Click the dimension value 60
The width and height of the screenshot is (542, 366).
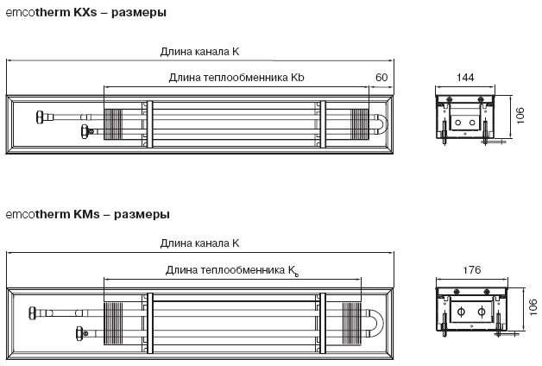(381, 78)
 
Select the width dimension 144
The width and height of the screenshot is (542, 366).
(465, 78)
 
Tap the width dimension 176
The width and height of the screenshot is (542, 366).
(472, 270)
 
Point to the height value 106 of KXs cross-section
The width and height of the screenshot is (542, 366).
(520, 116)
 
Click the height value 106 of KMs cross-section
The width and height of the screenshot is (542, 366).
(533, 307)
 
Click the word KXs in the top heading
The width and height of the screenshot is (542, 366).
(85, 12)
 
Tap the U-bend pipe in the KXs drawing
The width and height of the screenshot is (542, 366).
(383, 123)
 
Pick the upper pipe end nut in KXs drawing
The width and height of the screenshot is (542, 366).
(40, 117)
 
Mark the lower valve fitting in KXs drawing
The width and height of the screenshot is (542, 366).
(85, 131)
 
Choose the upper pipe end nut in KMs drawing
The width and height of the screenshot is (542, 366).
(33, 312)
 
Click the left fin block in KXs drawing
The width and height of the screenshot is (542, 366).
(113, 124)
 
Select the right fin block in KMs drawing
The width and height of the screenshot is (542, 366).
(351, 324)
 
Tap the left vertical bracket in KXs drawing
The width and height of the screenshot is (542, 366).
(149, 124)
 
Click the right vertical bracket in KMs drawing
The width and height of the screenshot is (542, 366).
(323, 323)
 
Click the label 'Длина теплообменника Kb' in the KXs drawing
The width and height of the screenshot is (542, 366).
(236, 78)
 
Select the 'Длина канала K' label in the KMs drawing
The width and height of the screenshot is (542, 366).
(199, 243)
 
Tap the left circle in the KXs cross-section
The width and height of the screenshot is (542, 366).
(457, 123)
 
